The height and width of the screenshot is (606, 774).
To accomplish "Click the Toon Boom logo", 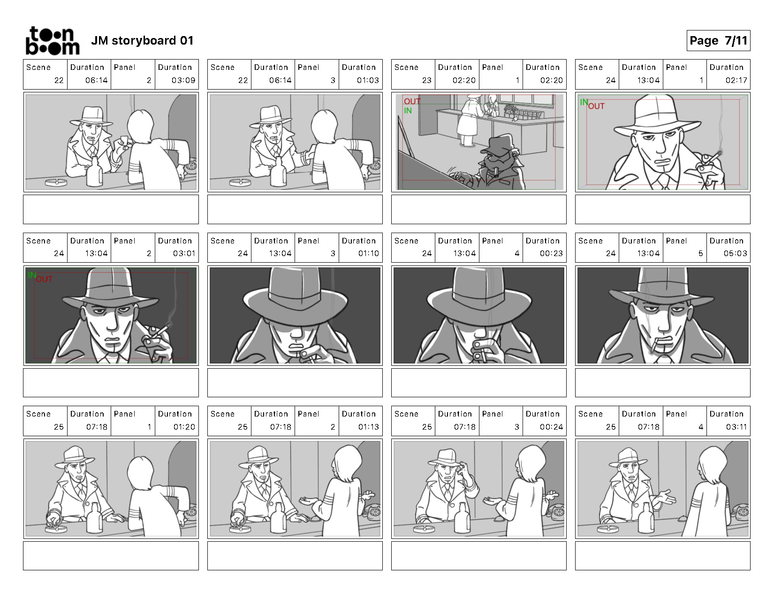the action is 53,41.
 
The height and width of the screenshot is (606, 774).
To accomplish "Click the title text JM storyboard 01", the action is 142,41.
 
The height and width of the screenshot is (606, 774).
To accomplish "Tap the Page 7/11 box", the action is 718,41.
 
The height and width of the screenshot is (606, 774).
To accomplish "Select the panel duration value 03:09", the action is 183,81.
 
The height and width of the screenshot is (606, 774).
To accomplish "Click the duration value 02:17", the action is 736,81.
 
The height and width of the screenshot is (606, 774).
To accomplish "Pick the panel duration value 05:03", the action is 735,253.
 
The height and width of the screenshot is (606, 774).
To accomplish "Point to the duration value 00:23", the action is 551,253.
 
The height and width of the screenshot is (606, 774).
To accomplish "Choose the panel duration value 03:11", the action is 736,427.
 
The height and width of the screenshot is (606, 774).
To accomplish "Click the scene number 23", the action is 427,81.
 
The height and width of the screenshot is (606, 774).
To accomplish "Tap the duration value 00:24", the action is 551,427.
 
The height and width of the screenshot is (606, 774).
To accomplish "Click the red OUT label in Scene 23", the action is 412,101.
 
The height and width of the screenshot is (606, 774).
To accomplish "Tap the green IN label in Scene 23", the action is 408,111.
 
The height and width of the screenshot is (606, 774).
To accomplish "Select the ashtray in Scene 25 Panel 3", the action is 424,530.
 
